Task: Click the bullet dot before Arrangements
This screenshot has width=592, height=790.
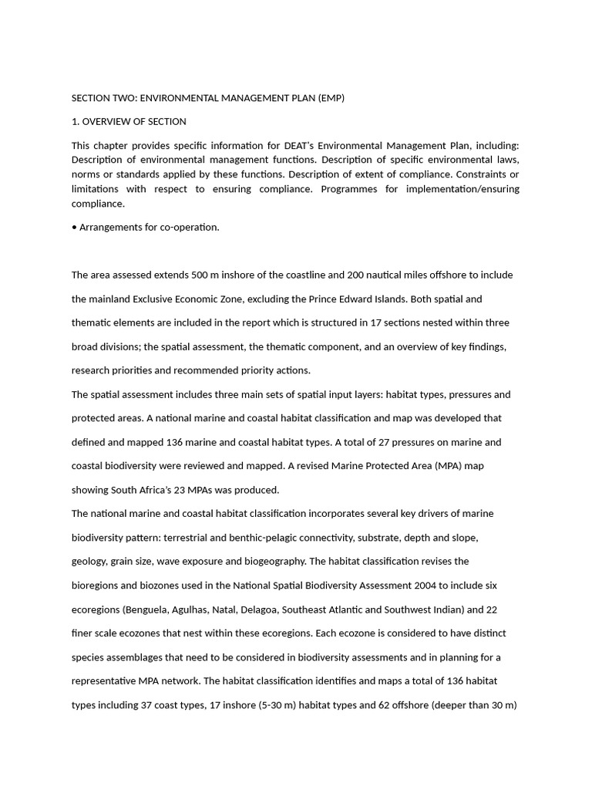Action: click(74, 228)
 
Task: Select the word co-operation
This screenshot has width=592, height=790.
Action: click(190, 228)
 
